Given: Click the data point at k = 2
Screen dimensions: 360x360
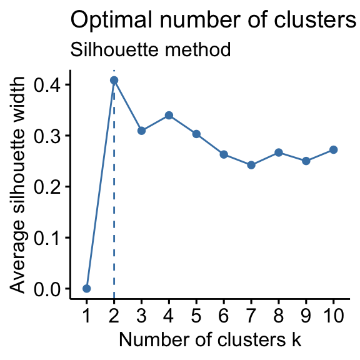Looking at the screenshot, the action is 114,81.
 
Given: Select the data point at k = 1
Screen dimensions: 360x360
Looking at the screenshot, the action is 86,288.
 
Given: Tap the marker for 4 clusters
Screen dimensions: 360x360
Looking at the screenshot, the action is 169,115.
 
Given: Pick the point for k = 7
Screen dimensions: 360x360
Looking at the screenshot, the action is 251,165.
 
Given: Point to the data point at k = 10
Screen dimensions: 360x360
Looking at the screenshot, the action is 333,150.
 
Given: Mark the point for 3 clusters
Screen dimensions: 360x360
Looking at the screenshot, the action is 141,131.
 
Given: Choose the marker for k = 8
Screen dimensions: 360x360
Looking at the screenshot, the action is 279,152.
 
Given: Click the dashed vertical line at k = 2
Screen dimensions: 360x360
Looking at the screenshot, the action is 114,184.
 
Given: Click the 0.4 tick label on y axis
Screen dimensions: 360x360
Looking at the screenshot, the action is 47,85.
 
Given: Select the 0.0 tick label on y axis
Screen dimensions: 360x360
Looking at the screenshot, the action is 47,289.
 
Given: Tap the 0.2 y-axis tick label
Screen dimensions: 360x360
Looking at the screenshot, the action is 47,187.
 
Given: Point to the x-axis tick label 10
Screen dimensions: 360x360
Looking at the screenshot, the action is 333,315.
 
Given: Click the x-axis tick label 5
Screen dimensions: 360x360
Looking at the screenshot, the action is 196,315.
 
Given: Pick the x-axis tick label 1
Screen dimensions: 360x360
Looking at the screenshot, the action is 86,315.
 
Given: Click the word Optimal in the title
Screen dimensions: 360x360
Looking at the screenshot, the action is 111,21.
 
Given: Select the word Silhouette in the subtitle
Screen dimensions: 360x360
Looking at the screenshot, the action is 114,49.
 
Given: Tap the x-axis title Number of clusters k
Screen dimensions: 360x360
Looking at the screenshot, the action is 210,339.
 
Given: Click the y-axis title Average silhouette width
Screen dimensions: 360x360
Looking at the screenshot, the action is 17,185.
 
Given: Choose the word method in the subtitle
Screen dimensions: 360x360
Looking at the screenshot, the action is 197,49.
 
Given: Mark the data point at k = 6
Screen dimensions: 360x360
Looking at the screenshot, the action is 224,154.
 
